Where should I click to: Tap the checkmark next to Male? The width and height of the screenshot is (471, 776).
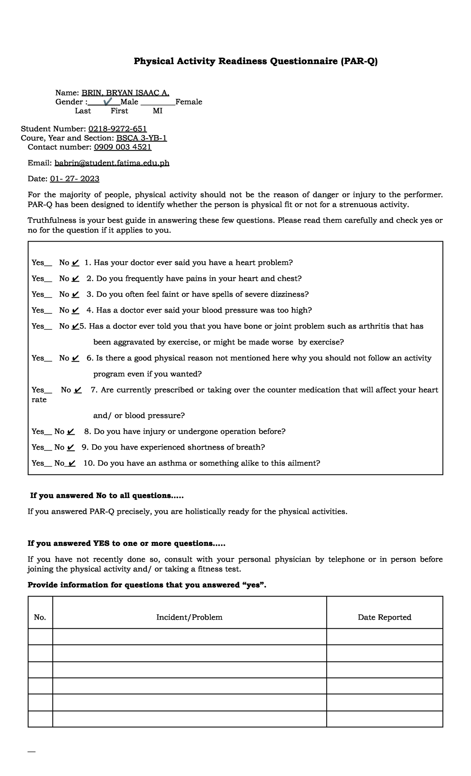(107, 102)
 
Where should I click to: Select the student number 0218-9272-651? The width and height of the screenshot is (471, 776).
(118, 129)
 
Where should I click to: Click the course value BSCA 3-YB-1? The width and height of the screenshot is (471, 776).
(142, 138)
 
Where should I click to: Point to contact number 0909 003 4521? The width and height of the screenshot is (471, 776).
(122, 147)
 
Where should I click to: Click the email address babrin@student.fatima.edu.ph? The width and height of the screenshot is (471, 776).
(112, 163)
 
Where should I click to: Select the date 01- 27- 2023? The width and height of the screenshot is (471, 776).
(75, 179)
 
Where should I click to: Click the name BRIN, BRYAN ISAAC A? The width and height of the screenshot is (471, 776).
(125, 93)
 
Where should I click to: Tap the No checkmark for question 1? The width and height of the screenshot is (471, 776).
(76, 263)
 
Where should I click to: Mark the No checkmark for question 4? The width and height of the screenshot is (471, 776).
(76, 311)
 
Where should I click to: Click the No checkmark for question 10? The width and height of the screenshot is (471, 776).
(71, 463)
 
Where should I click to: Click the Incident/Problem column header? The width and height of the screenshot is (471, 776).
(189, 617)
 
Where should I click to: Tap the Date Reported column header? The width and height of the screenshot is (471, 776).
(384, 617)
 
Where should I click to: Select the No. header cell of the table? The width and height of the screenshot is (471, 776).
(40, 617)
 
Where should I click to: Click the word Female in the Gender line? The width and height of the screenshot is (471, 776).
(189, 102)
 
